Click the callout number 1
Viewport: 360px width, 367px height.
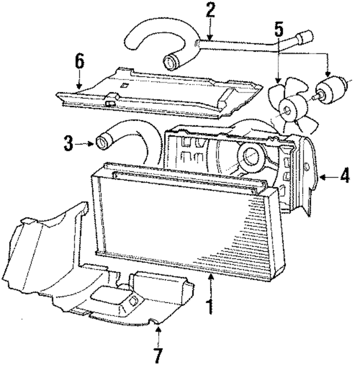click(x=210, y=307)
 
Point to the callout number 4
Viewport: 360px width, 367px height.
click(x=344, y=176)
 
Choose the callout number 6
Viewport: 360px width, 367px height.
click(x=79, y=60)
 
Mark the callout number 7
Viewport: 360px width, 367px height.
click(x=159, y=355)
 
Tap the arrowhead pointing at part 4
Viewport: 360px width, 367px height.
click(x=321, y=177)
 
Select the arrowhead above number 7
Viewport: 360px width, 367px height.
click(x=159, y=328)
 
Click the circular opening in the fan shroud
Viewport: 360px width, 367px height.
click(x=249, y=157)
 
